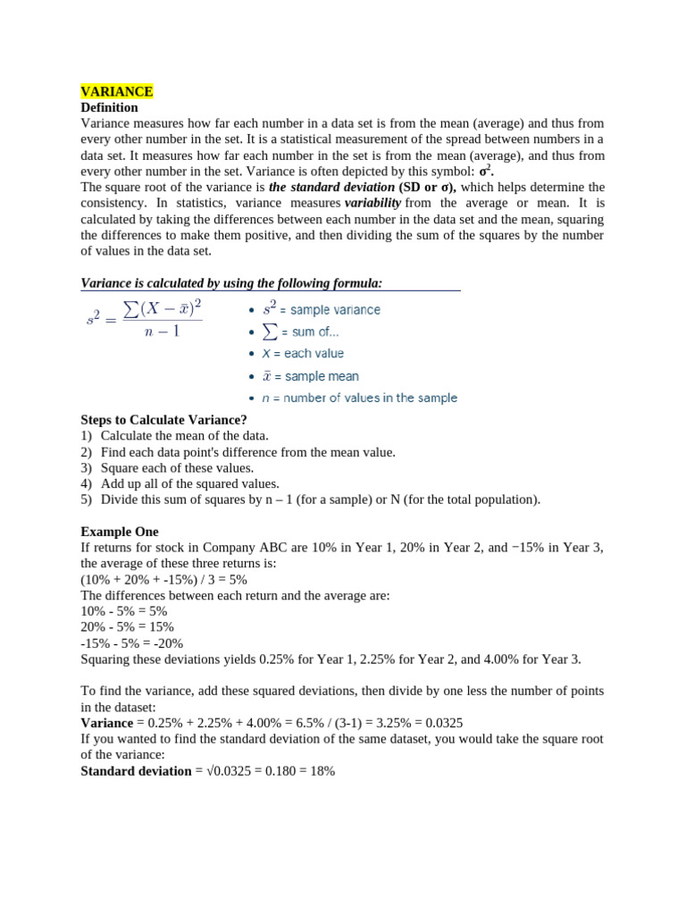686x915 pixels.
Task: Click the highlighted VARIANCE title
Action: [x=117, y=91]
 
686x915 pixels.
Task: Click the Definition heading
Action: [x=109, y=107]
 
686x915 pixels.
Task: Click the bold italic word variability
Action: [x=372, y=203]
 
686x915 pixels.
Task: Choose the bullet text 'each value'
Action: [x=314, y=354]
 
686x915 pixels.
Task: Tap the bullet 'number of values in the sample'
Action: [x=370, y=398]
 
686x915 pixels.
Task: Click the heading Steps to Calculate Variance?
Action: [x=163, y=420]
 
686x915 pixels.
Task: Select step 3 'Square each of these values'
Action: [x=177, y=467]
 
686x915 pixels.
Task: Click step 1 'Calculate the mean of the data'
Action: [x=184, y=435]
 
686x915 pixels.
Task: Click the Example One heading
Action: [x=119, y=532]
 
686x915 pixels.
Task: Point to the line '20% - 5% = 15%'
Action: [x=127, y=627]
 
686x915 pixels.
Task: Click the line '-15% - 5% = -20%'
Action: [x=131, y=643]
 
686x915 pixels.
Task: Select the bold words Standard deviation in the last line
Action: [x=136, y=771]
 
